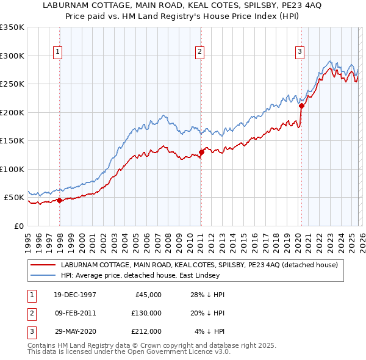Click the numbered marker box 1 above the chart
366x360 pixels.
point(57,52)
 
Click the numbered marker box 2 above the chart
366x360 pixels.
point(199,52)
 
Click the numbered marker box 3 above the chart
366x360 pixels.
point(300,52)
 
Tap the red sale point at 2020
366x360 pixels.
point(301,106)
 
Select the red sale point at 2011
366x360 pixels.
point(201,152)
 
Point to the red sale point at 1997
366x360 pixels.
point(59,200)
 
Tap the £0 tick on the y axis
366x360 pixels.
point(19,226)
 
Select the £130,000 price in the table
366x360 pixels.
point(147,313)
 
